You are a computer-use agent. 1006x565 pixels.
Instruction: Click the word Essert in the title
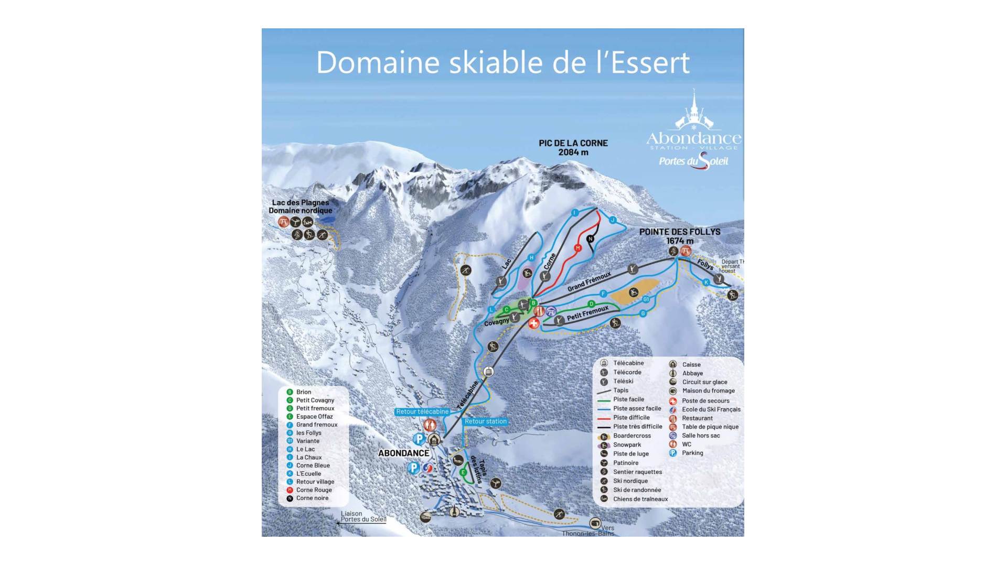pos(643,63)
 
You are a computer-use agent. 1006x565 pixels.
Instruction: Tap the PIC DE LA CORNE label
pos(573,147)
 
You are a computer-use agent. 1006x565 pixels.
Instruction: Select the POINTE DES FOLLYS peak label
pos(679,236)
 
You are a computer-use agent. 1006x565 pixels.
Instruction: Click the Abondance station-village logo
pos(693,131)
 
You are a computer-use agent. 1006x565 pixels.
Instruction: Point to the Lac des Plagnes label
pos(301,207)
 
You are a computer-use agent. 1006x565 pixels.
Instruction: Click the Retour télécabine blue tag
pos(422,412)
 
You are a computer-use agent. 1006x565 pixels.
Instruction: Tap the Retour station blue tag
pos(486,421)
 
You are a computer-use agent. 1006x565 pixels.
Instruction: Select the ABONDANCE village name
pos(403,453)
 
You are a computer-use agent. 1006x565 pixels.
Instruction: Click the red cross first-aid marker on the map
pos(533,323)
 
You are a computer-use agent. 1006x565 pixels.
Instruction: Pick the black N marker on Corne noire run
pos(590,239)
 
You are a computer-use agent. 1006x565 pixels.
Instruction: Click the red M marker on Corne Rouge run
pos(577,248)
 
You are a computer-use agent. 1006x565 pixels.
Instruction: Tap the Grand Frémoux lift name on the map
pos(589,281)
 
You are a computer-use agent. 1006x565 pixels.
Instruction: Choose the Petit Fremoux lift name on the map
pos(587,313)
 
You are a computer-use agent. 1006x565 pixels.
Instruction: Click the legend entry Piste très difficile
pos(637,427)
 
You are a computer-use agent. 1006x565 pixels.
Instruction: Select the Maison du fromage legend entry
pos(708,391)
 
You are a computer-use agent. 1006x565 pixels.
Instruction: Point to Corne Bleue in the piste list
pos(313,465)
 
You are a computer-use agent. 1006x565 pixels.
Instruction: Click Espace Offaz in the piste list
pos(314,417)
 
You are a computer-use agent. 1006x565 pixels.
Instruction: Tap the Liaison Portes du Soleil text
pos(363,517)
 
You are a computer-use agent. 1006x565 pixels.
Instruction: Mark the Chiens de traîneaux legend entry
pos(640,499)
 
